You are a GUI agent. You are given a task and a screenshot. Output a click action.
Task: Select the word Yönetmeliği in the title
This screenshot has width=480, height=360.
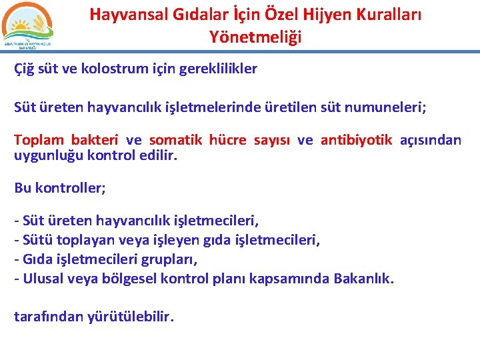(x=255, y=37)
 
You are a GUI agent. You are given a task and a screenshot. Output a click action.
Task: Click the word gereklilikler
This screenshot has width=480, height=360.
(x=218, y=69)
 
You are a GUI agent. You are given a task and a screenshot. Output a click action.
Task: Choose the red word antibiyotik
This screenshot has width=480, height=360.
(x=356, y=140)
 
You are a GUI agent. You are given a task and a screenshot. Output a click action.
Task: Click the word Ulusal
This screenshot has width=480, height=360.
(x=43, y=278)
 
